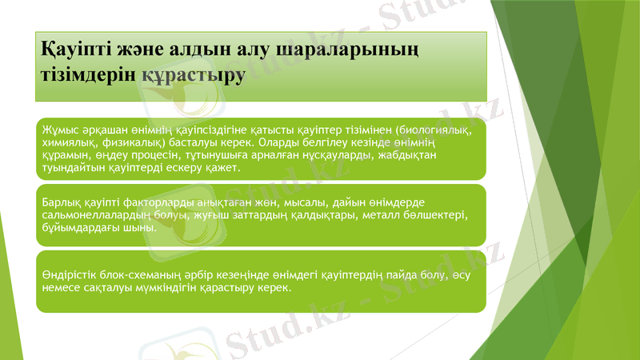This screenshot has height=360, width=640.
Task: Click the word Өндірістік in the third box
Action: pyautogui.click(x=73, y=276)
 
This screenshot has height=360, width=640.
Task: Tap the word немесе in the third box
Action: pyautogui.click(x=62, y=289)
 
